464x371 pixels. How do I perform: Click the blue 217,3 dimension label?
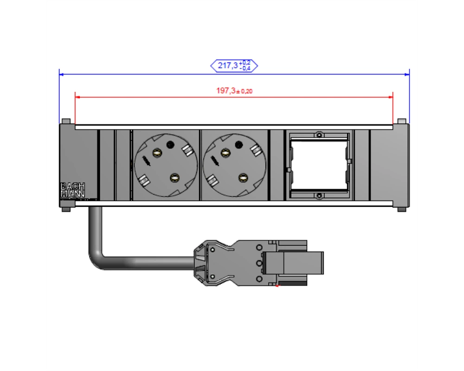coord(234,65)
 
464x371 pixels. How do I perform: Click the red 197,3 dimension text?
coord(234,91)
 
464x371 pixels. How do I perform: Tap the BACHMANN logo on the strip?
coord(72,190)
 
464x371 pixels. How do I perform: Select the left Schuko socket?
coord(166,165)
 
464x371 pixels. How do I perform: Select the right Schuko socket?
coord(234,165)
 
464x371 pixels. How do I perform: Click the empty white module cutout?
coord(319,165)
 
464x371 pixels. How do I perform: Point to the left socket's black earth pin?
coord(170,145)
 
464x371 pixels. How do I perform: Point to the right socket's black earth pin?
coord(239,145)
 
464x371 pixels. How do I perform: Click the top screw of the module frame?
coord(319,135)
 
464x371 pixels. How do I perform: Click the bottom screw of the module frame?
coord(319,196)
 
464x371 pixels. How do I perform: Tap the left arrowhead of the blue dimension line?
coord(61,74)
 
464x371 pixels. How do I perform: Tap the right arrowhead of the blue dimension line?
coord(407,74)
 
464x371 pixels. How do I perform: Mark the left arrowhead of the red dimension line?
coord(77,97)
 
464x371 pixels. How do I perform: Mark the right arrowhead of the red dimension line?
coord(391,97)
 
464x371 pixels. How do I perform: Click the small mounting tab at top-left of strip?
coord(66,122)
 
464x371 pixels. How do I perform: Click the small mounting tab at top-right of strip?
coord(401,122)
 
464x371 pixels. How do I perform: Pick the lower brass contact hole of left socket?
coord(174,178)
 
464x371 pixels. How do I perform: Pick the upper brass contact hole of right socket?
coord(226,153)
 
